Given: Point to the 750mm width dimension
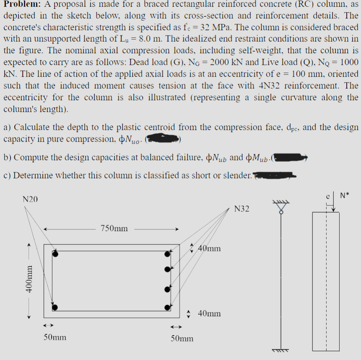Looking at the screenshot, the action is (114, 229).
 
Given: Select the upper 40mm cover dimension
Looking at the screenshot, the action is (208, 249).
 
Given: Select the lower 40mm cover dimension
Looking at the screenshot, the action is (209, 313).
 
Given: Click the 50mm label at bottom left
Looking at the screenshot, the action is (55, 337).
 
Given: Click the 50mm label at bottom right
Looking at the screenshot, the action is (182, 338).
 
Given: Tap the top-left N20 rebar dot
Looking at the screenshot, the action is (55, 254).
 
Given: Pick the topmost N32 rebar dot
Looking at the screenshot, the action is (168, 254).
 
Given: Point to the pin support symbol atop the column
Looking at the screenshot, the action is (281, 207).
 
